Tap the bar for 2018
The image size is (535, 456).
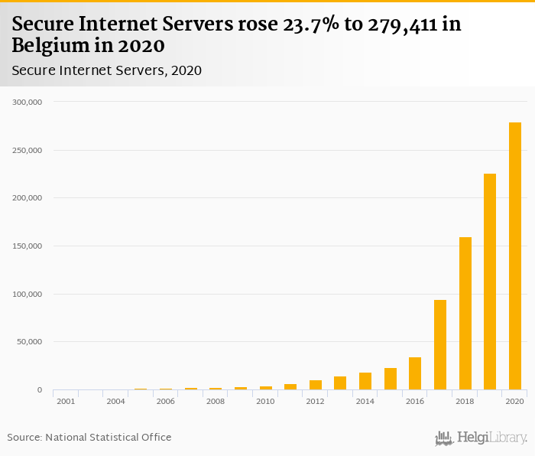click(x=465, y=314)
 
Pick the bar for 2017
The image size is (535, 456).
click(x=440, y=345)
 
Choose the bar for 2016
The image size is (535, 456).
click(x=415, y=373)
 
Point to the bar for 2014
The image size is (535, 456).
click(x=365, y=381)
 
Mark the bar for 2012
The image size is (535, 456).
click(x=316, y=385)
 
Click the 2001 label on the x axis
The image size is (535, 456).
click(x=66, y=401)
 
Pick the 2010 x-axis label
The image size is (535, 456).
click(x=265, y=401)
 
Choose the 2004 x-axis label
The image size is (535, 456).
click(x=115, y=401)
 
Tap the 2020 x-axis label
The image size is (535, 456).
click(x=514, y=401)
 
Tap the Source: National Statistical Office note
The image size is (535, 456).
click(x=89, y=438)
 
